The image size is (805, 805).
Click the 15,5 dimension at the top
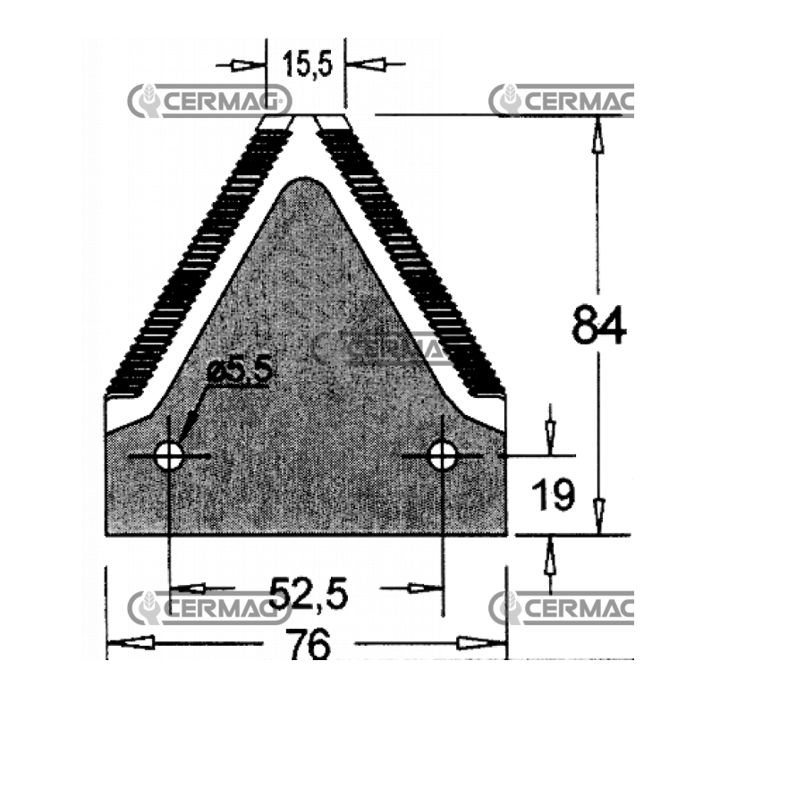pyautogui.click(x=307, y=64)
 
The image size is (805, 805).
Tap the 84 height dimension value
pyautogui.click(x=598, y=325)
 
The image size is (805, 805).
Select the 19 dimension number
pyautogui.click(x=553, y=495)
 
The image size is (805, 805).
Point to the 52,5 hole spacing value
pyautogui.click(x=308, y=594)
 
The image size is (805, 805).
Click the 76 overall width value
pyautogui.click(x=309, y=645)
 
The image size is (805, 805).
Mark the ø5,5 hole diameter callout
pyautogui.click(x=239, y=369)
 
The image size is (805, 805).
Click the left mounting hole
pyautogui.click(x=169, y=455)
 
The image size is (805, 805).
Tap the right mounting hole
pyautogui.click(x=442, y=455)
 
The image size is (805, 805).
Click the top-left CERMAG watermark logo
pyautogui.click(x=209, y=100)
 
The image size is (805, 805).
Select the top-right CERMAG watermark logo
pyautogui.click(x=562, y=100)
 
